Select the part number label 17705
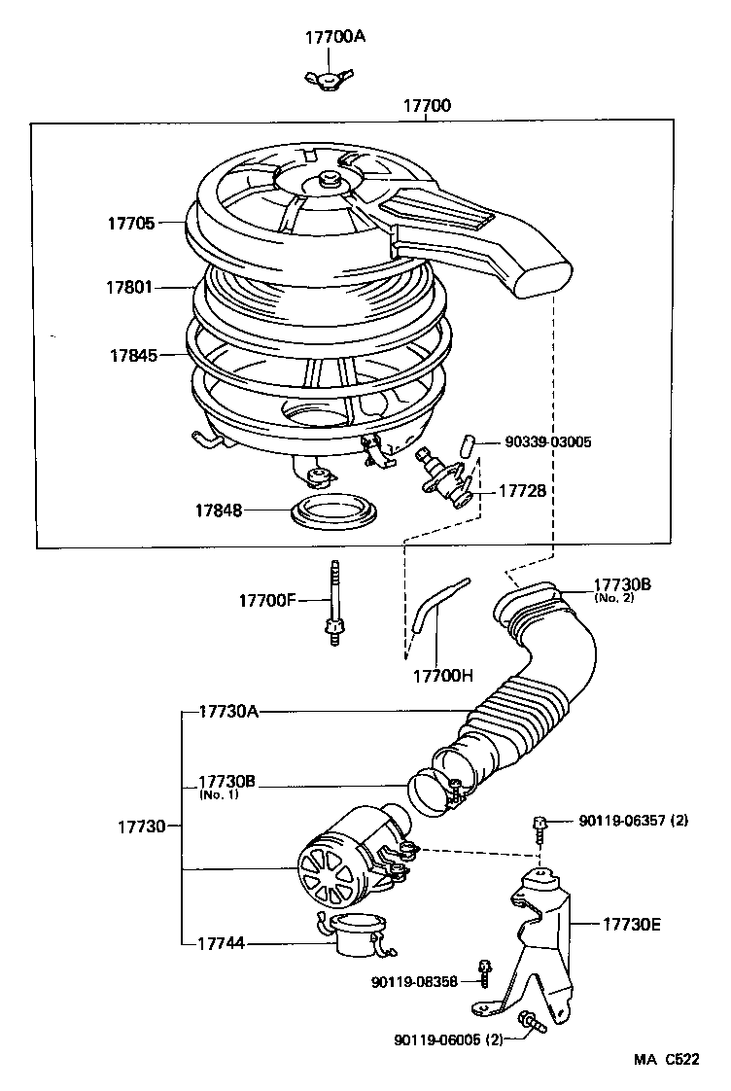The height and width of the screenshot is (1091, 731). point(131,223)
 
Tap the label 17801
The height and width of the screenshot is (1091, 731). point(131,288)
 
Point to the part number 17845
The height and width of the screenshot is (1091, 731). point(133,355)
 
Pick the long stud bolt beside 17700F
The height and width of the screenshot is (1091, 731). point(334,602)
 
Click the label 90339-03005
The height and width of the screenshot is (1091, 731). point(548,441)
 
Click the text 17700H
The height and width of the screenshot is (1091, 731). point(443,675)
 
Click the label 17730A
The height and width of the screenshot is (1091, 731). point(228,712)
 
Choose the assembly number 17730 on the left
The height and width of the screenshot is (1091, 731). point(143,827)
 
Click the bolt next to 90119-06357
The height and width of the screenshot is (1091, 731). point(539,826)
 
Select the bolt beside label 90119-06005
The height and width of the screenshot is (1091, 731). point(530,1020)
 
